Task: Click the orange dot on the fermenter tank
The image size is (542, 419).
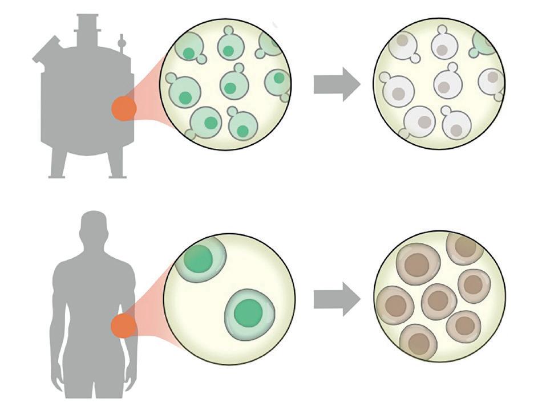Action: [x=123, y=108]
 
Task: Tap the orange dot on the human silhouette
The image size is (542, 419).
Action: [x=123, y=327]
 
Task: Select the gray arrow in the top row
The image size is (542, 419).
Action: [x=337, y=84]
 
